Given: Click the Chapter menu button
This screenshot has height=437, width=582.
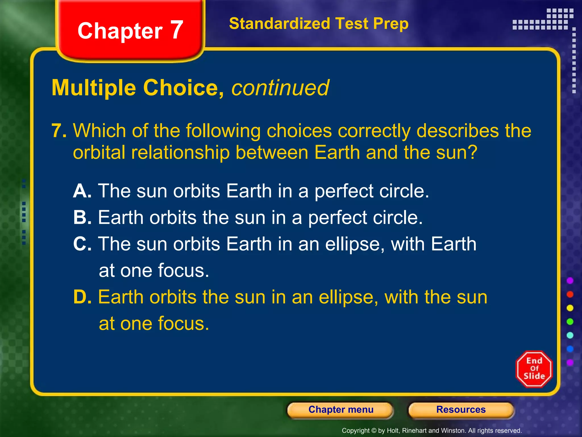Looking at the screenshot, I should (340, 410).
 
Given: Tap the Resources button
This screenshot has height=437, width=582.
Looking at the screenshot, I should (461, 410).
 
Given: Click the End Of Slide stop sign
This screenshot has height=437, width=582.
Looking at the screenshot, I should (534, 369).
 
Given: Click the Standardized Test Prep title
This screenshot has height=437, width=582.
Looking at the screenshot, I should (319, 23).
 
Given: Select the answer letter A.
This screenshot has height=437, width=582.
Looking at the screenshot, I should (82, 191).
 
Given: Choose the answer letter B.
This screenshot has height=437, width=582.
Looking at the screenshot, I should (82, 217).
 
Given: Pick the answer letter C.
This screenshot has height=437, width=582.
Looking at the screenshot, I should (82, 244).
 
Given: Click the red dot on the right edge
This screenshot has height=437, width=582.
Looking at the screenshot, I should (570, 294).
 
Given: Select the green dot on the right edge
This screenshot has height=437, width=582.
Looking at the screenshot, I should (570, 321).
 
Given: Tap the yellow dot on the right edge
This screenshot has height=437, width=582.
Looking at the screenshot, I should (570, 308).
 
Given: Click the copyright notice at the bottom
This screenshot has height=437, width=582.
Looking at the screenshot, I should (432, 431).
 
